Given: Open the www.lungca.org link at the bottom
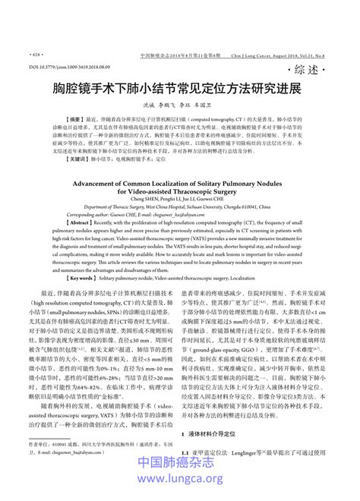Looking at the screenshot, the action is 180,481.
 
